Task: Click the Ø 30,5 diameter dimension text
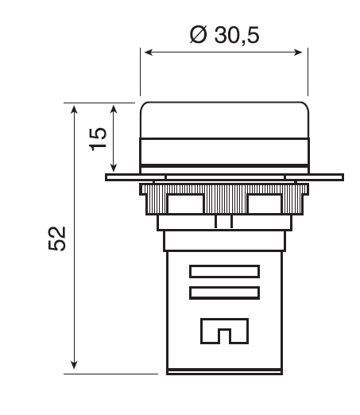[225, 36]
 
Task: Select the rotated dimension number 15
[97, 138]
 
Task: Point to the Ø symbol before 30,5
[199, 36]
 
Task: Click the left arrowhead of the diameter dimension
[146, 54]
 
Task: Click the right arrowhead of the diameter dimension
[302, 54]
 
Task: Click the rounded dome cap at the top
[223, 119]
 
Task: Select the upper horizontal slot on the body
[224, 272]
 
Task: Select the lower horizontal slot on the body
[224, 293]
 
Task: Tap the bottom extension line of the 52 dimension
[111, 372]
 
